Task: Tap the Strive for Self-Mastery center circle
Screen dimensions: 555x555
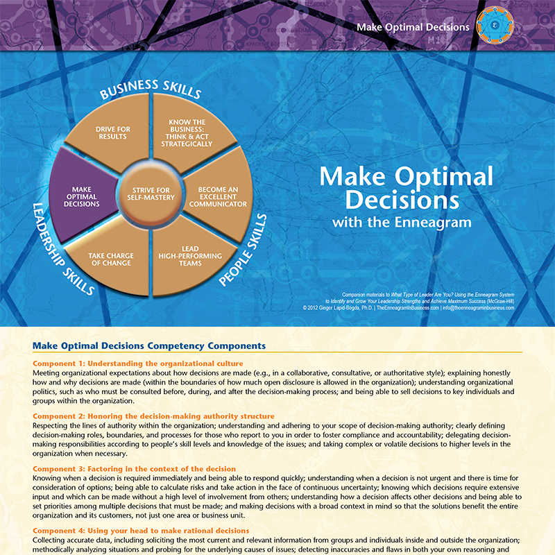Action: pyautogui.click(x=151, y=194)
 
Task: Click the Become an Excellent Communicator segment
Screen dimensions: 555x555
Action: pyautogui.click(x=218, y=196)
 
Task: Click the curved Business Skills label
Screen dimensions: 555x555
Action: pyautogui.click(x=150, y=89)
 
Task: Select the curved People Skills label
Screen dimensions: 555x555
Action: pyautogui.click(x=243, y=250)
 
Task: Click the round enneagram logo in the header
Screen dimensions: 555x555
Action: pyautogui.click(x=495, y=25)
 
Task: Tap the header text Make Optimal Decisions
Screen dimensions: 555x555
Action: pyautogui.click(x=413, y=27)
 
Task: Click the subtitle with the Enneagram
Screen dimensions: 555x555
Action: pyautogui.click(x=402, y=223)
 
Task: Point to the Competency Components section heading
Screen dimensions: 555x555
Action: pyautogui.click(x=149, y=345)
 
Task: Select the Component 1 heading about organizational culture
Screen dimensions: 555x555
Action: pyautogui.click(x=138, y=364)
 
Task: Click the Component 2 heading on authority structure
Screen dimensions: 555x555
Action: pyautogui.click(x=153, y=416)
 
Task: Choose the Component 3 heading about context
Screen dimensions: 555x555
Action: pyautogui.click(x=134, y=469)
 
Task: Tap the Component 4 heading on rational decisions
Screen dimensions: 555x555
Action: pyautogui.click(x=141, y=531)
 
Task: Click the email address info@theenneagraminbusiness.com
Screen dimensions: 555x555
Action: pyautogui.click(x=478, y=308)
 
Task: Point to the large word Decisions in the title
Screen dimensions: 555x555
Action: pyautogui.click(x=402, y=200)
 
